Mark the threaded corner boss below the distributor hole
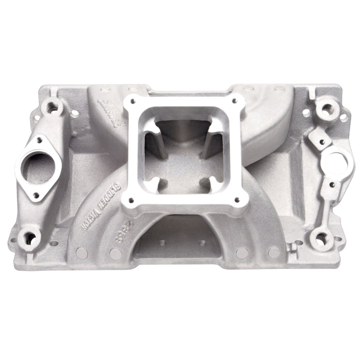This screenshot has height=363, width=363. pos(322,236)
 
